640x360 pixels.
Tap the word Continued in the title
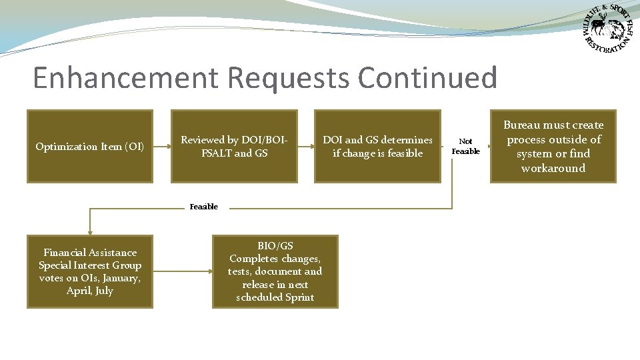(x=427, y=78)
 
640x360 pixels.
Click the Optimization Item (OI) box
(x=90, y=146)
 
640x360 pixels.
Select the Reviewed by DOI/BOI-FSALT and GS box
(x=234, y=146)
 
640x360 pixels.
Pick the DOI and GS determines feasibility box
(x=377, y=146)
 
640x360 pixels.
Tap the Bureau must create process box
(x=553, y=146)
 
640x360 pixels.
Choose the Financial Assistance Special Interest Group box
(x=90, y=271)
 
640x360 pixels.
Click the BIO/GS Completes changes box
(x=275, y=271)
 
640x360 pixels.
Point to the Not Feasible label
(x=465, y=146)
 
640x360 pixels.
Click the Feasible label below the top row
(x=203, y=207)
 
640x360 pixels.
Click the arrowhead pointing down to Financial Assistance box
(x=90, y=231)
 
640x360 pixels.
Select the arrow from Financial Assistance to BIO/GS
(x=183, y=271)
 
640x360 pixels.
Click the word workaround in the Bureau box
(x=553, y=168)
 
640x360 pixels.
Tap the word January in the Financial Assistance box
(x=120, y=278)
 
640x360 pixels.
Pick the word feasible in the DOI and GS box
(x=403, y=153)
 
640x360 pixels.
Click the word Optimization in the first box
(x=63, y=147)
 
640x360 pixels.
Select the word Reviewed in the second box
(x=203, y=140)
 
